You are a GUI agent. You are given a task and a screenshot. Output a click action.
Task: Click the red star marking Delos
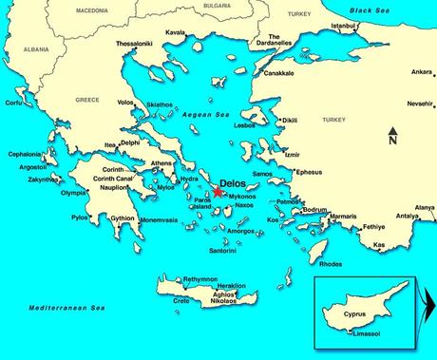point(218,191)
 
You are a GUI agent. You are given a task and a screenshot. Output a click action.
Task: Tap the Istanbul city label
point(347,25)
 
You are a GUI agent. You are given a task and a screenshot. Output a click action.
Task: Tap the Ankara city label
point(422,71)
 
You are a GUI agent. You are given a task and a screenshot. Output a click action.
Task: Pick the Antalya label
point(424,216)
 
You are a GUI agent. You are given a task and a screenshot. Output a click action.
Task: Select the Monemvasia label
point(155,218)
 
